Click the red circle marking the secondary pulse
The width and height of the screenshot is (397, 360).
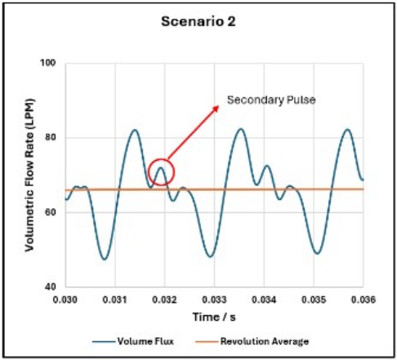point(162,172)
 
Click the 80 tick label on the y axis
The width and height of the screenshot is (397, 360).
point(49,138)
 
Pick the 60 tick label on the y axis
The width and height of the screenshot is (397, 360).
point(49,212)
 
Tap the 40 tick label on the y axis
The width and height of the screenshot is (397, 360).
point(49,287)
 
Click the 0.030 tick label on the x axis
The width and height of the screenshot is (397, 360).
point(66,300)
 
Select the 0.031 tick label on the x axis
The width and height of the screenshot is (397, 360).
point(116,300)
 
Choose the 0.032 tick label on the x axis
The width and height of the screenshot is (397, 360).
point(165,300)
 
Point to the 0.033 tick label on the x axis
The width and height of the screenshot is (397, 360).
point(215,300)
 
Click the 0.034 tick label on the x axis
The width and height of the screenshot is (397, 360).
point(265,300)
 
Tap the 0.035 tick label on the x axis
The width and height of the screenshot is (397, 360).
point(314,300)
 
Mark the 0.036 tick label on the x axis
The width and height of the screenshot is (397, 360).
point(363,300)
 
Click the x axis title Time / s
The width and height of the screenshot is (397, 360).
point(214,316)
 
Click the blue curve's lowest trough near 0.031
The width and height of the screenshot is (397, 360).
point(105,259)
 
